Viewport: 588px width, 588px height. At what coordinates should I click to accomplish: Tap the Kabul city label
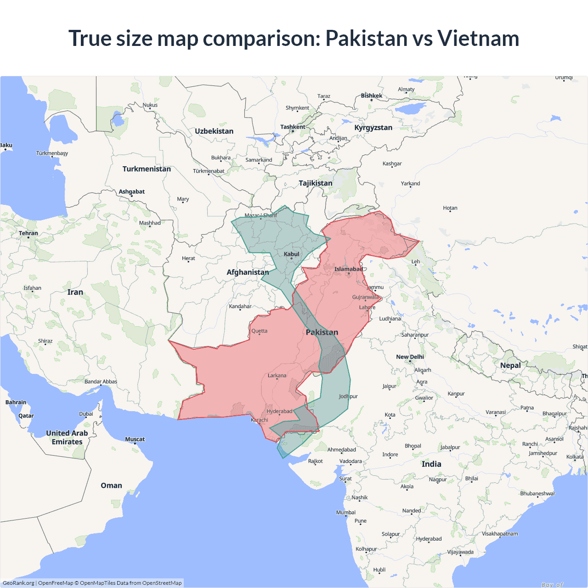click(291, 254)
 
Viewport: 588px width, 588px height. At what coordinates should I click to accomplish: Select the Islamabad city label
click(348, 269)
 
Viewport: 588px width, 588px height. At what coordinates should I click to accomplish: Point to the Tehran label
click(28, 233)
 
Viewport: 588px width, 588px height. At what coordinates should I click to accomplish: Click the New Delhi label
click(410, 357)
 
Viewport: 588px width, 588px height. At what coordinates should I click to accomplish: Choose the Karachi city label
click(260, 420)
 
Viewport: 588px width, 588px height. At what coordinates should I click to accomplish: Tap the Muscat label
click(135, 439)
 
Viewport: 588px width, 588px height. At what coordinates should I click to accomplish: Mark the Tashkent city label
click(293, 127)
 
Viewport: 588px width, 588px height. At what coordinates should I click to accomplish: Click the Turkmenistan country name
click(147, 169)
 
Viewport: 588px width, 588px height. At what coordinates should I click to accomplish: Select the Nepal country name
click(510, 366)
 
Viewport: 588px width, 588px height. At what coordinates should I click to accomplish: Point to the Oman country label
click(111, 486)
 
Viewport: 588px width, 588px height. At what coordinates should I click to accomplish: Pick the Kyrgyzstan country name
click(373, 128)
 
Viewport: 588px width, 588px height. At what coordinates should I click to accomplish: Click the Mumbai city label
click(346, 513)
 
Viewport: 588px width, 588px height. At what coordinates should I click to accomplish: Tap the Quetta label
click(259, 331)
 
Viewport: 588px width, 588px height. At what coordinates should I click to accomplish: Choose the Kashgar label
click(392, 164)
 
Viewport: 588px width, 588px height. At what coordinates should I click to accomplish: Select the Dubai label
click(86, 414)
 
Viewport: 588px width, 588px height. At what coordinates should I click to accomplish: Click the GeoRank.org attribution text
click(18, 583)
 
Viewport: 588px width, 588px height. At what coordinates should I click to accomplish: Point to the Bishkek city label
click(371, 96)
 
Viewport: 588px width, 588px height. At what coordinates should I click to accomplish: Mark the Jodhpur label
click(348, 396)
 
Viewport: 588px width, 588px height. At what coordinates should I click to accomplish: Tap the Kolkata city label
click(575, 457)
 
